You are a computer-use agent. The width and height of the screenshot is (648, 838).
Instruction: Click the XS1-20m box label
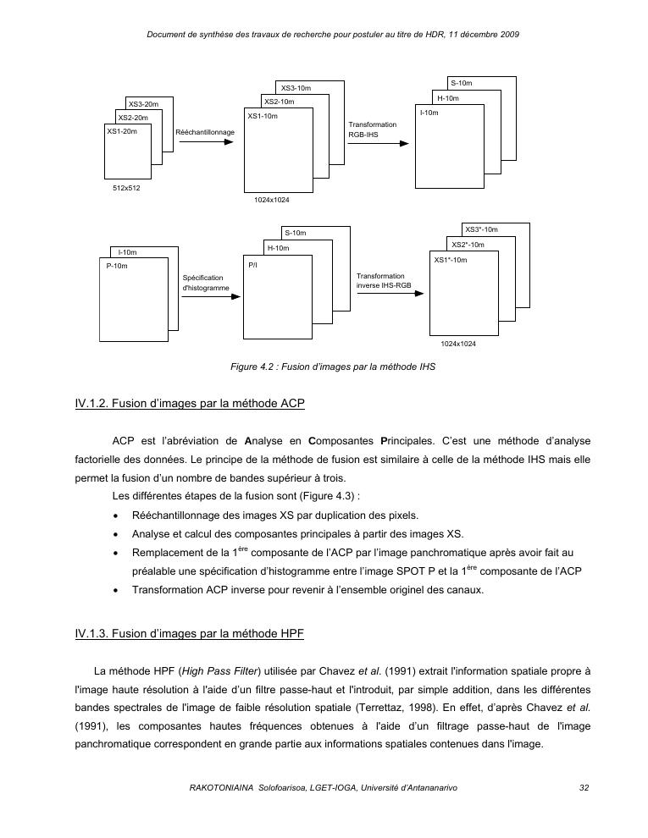coord(121,131)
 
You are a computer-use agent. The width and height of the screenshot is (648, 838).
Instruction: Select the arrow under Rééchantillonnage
coord(206,142)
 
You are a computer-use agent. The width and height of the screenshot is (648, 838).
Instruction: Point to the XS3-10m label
coord(296,88)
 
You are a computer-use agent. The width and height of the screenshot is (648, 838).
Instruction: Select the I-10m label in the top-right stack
coord(429,113)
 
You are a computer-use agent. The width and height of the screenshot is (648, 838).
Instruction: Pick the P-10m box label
coord(117,266)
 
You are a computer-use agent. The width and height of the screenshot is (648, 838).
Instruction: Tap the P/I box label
coord(253,265)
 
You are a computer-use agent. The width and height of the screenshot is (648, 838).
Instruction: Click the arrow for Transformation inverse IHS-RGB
coord(389,296)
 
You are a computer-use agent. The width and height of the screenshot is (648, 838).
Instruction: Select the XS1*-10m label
coord(451,260)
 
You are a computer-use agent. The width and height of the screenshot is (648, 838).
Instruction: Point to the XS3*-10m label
coord(481,229)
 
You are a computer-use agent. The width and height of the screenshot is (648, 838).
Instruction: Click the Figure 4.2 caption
coord(333,367)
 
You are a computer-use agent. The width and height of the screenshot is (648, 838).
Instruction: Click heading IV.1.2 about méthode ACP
coord(190,404)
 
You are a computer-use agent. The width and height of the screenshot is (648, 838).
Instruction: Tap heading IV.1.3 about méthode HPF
coord(190,632)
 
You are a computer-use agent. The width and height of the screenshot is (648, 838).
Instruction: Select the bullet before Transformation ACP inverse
coord(114,589)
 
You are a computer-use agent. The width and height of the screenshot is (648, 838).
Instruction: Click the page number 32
coord(584,787)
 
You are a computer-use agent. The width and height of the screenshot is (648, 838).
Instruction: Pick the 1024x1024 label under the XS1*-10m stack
coord(458,344)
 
